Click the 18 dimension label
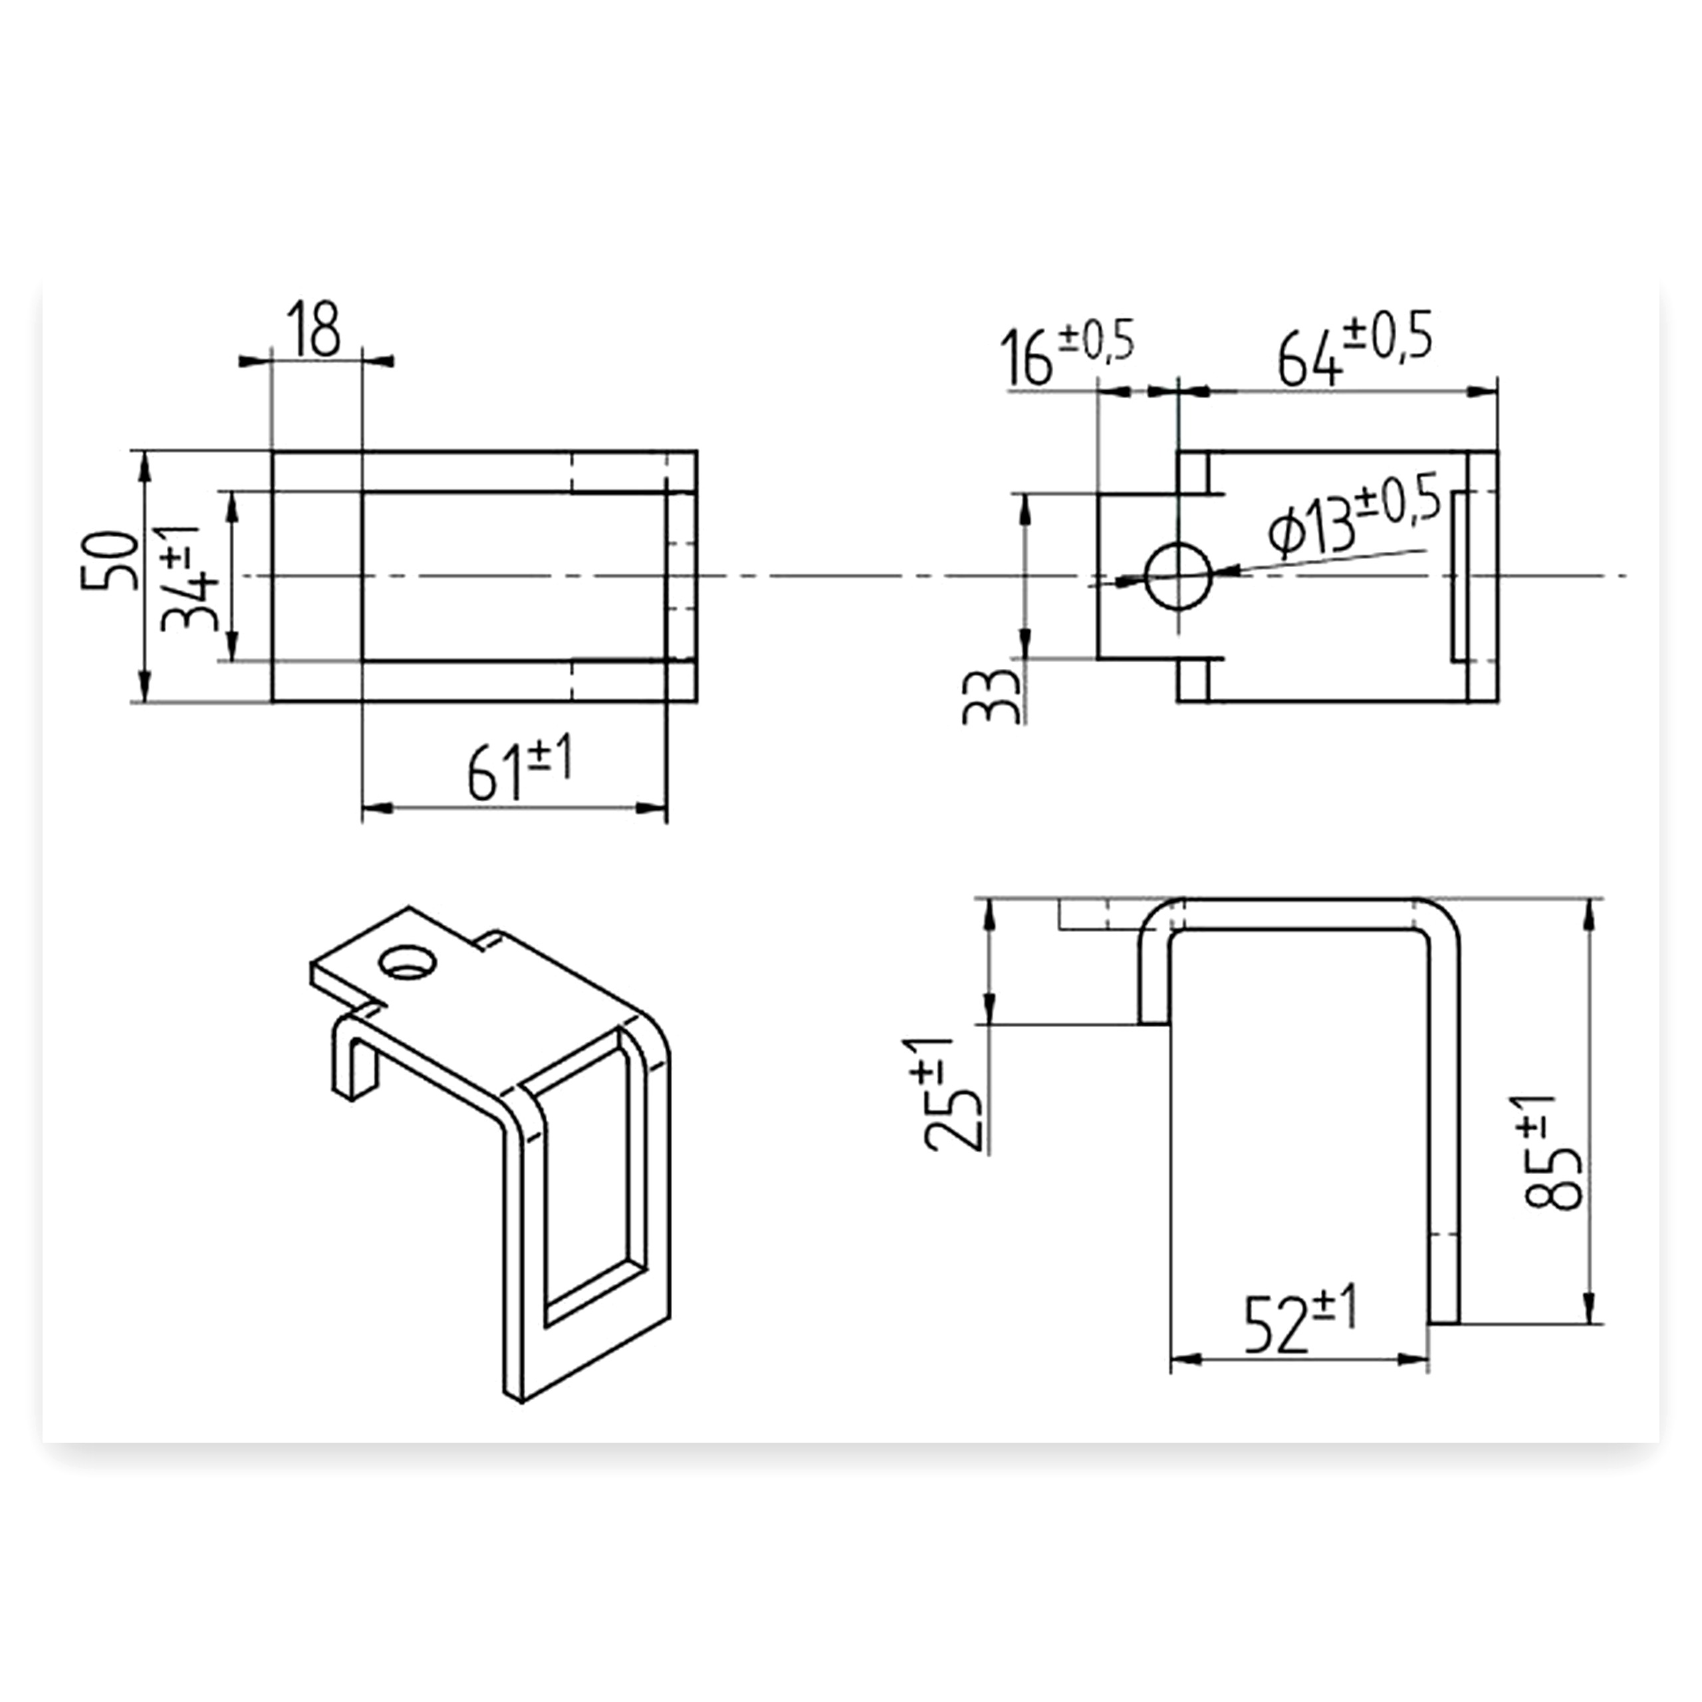click(x=314, y=330)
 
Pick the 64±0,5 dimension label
click(x=1355, y=347)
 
